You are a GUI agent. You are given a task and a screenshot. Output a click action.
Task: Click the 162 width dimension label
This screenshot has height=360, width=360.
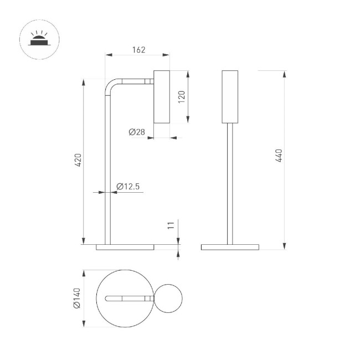point(138,50)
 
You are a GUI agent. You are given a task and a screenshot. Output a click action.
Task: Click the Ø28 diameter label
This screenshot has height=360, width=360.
point(136,132)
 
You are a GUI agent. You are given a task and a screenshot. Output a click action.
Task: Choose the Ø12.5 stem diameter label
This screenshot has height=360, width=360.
point(128,187)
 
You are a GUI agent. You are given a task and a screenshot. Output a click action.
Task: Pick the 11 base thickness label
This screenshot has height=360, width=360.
point(171,225)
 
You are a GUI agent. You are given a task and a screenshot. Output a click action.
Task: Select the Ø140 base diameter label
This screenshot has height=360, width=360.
point(78,299)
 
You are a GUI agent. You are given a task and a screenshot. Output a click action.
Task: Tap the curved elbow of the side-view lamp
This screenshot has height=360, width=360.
point(111,87)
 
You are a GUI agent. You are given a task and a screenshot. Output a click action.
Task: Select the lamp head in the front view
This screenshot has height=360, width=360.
point(229,97)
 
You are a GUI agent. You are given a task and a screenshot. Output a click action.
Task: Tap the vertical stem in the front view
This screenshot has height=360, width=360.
point(229,183)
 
